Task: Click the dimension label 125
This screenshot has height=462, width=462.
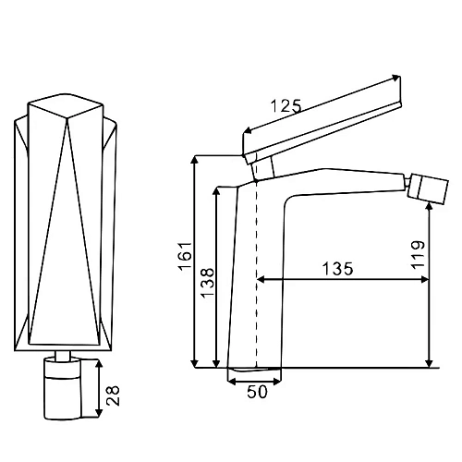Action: coord(286,106)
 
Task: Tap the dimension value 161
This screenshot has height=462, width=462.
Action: coord(185,257)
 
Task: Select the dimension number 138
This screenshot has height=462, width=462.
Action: coord(207,283)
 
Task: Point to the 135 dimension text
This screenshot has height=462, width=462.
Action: coord(337,269)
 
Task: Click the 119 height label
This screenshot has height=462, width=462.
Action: coord(418,255)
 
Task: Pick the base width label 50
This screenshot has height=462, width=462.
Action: coord(257,392)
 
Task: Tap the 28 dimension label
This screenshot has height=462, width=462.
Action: coord(113,395)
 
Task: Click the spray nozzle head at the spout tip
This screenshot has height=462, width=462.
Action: coord(428,188)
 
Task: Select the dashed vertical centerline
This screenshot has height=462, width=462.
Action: coord(256,274)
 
